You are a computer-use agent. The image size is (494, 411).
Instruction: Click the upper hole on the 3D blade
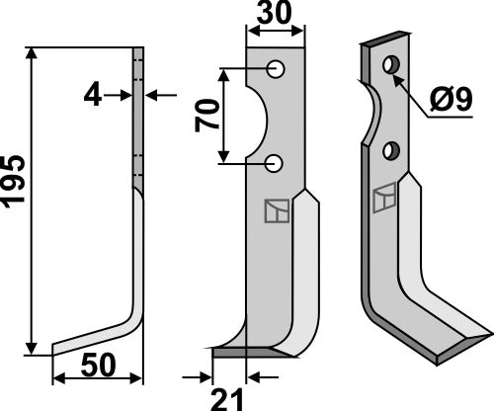tap(391, 65)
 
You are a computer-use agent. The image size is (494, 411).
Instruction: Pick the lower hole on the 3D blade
tap(391, 150)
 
